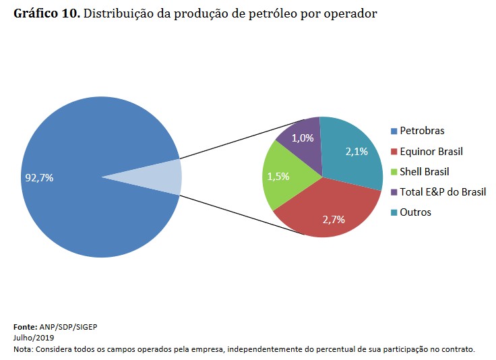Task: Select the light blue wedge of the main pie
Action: point(162,177)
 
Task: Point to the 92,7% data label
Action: point(39,178)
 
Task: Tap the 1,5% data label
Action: point(278,176)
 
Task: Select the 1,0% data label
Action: point(303,138)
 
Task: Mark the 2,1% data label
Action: point(356,152)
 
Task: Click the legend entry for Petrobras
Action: point(422,131)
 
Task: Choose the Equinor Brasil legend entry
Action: point(431,151)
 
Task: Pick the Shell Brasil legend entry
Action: point(424,171)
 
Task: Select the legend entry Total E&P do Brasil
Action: point(443,191)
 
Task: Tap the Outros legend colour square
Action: point(394,212)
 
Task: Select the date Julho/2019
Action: point(34,337)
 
